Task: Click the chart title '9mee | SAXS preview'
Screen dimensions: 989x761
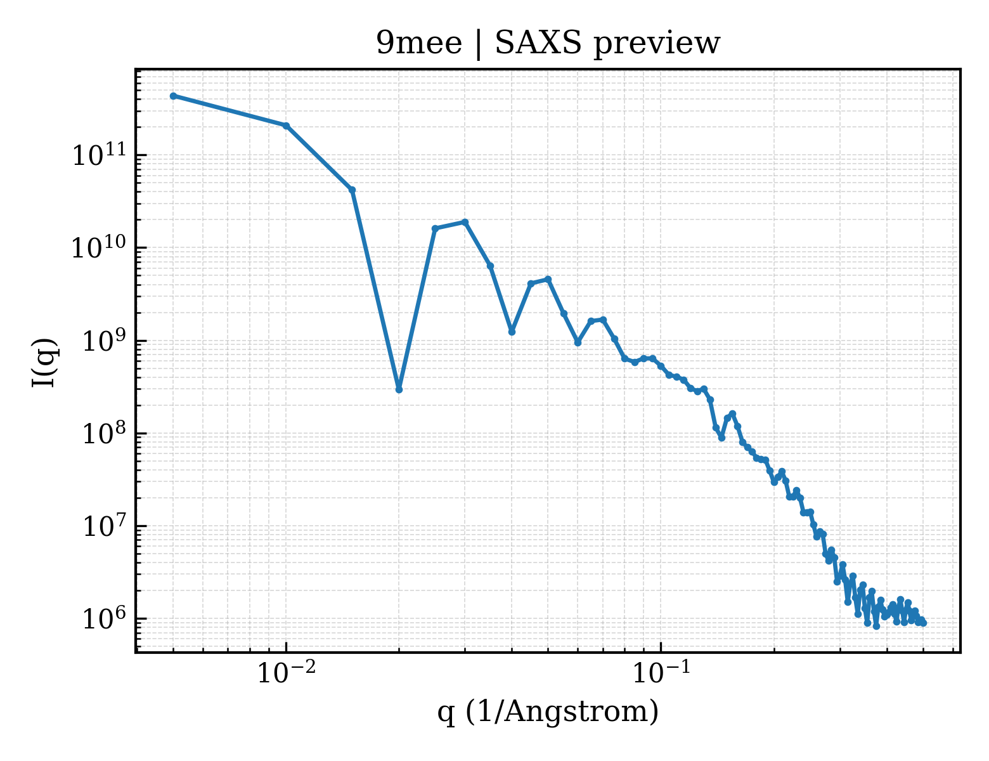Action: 548,44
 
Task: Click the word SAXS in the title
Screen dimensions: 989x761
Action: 538,43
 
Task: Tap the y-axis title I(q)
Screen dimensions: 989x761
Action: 44,362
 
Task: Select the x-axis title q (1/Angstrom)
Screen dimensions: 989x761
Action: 548,712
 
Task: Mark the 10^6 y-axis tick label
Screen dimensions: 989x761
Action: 104,618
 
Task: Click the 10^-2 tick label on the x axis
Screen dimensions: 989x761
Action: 286,672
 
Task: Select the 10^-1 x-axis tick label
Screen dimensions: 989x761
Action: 661,672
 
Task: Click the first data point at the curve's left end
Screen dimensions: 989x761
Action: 174,96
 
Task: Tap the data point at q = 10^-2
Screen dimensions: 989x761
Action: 287,126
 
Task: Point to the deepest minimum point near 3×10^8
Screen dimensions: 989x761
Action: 399,389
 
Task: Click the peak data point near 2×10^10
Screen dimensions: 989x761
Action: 465,222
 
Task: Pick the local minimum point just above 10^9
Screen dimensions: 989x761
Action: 512,332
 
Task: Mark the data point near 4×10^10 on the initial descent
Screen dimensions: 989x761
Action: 352,190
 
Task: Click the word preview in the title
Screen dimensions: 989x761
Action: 657,44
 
